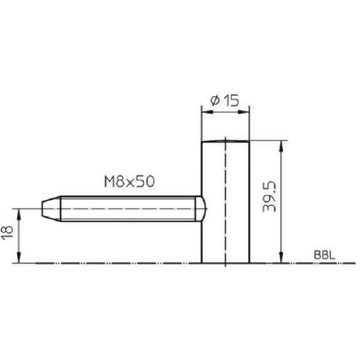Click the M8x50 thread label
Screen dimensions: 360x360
[129, 181]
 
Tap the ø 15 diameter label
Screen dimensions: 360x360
[225, 100]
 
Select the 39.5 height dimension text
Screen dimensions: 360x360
[269, 196]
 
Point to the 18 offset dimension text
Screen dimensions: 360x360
[7, 233]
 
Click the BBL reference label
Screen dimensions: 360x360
[324, 255]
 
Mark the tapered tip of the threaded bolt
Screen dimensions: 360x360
[51, 209]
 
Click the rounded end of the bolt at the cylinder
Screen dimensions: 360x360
[200, 209]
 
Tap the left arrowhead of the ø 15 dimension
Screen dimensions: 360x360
[207, 112]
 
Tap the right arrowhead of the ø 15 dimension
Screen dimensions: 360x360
[243, 112]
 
